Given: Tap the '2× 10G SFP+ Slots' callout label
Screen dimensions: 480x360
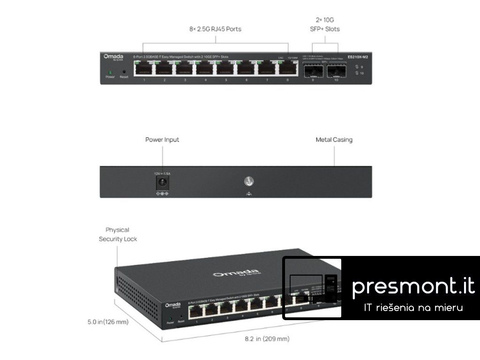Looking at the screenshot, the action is pyautogui.click(x=325, y=24).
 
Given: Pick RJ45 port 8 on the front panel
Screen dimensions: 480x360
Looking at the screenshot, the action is pyautogui.click(x=288, y=69).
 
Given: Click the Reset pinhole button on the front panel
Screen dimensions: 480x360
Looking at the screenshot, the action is pyautogui.click(x=124, y=72).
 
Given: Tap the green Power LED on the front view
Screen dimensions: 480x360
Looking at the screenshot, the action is pyautogui.click(x=110, y=72).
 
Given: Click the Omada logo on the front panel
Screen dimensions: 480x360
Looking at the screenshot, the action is pyautogui.click(x=113, y=57).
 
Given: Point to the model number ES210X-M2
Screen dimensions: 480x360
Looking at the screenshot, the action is pyautogui.click(x=358, y=56).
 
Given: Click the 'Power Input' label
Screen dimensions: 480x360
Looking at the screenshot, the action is pyautogui.click(x=162, y=140).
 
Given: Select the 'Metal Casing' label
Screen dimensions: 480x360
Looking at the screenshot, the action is pyautogui.click(x=334, y=140).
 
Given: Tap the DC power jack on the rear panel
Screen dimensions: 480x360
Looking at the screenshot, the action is pyautogui.click(x=162, y=182).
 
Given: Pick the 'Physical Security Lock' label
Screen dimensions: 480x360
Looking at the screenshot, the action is pyautogui.click(x=118, y=234).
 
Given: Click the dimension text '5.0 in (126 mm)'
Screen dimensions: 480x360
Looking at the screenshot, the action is pyautogui.click(x=108, y=322).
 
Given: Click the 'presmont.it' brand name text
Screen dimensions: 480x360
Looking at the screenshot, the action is pyautogui.click(x=413, y=286).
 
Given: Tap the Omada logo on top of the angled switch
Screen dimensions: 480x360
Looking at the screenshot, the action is pyautogui.click(x=236, y=273).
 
